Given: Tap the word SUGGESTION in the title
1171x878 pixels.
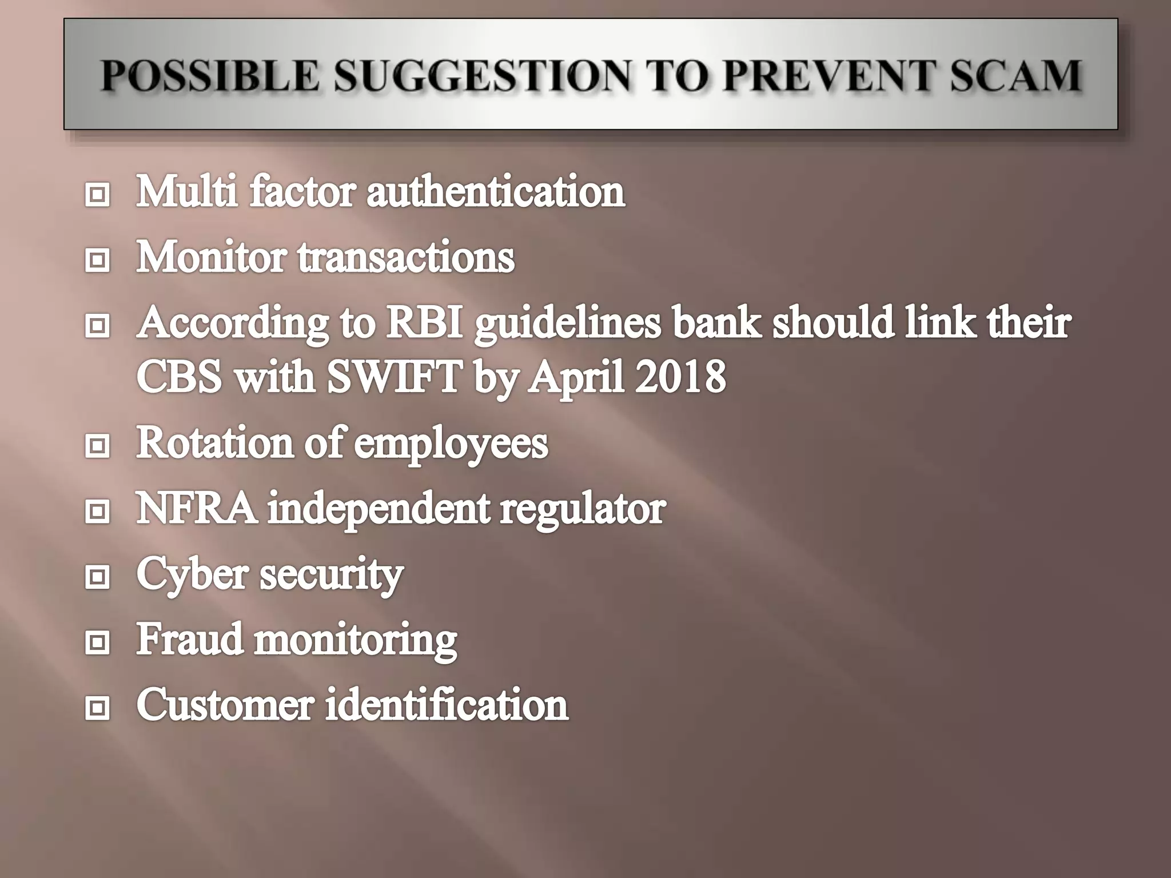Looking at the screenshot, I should (483, 76).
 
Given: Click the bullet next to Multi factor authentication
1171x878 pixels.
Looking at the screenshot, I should (97, 195).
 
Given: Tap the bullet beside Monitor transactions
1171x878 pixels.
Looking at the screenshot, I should (97, 261).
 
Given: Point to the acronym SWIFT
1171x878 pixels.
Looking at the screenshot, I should (395, 377).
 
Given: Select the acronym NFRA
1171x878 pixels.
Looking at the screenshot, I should (196, 508).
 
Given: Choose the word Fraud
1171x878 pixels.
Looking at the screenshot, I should (189, 639).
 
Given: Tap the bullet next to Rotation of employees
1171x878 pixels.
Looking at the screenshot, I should (97, 445).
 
